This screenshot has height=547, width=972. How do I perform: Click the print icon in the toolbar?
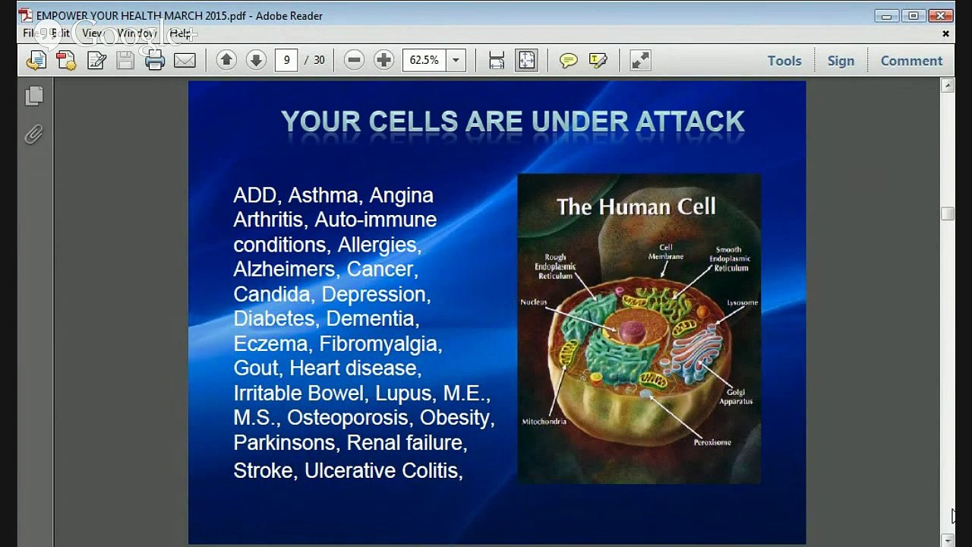[x=155, y=61]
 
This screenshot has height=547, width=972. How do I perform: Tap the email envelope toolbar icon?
[x=185, y=61]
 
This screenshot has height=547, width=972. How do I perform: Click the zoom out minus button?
[x=354, y=61]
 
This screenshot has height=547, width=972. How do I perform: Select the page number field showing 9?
[x=286, y=61]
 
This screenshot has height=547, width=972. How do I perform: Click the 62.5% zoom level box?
[x=424, y=61]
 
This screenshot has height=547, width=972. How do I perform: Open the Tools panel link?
[x=784, y=61]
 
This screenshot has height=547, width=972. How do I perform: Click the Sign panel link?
[x=841, y=61]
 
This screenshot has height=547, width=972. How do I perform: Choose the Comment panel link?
[x=911, y=61]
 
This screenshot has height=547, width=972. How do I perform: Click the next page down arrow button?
[x=256, y=61]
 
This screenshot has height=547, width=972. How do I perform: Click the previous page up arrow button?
[x=226, y=61]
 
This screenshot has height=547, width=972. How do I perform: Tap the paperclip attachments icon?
[x=33, y=135]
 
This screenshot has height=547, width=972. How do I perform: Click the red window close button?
[x=942, y=15]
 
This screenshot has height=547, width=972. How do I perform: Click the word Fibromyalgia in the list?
[x=379, y=343]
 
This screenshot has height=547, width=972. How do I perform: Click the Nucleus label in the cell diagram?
[x=533, y=302]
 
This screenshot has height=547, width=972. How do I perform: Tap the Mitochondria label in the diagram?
[x=544, y=422]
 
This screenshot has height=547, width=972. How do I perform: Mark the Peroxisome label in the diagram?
[x=712, y=442]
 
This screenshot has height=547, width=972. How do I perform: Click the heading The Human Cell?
[x=636, y=207]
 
